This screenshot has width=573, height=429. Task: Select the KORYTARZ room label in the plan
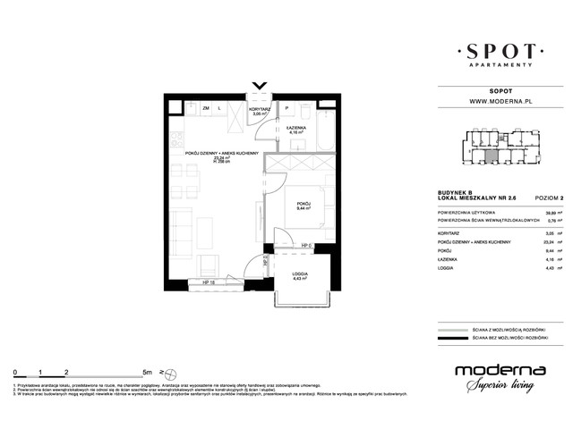(260, 109)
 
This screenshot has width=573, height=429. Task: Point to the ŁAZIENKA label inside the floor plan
(298, 129)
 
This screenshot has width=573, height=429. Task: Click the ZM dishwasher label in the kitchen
(205, 108)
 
